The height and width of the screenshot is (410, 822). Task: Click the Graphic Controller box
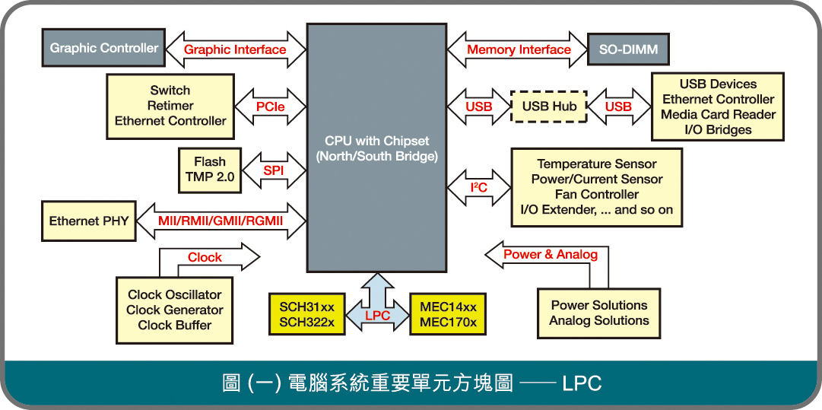click(104, 48)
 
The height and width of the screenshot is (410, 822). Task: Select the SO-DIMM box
click(628, 50)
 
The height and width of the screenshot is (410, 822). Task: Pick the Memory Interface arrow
click(519, 50)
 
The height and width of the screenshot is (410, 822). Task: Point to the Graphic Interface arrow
click(235, 50)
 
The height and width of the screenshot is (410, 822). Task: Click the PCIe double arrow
click(270, 107)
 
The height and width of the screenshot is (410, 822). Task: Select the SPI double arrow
click(274, 171)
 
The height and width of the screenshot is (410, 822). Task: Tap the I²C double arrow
click(478, 187)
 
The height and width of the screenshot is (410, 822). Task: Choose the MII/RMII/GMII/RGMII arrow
click(221, 221)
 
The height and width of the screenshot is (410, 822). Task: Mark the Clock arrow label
click(205, 257)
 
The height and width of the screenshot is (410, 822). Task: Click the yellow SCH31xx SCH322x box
click(306, 314)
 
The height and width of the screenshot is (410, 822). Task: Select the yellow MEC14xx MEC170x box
click(448, 314)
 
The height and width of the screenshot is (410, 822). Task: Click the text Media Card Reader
click(718, 114)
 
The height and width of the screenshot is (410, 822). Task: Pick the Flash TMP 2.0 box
click(209, 170)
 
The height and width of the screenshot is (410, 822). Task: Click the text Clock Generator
click(175, 310)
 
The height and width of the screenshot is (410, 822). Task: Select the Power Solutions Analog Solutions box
click(598, 313)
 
